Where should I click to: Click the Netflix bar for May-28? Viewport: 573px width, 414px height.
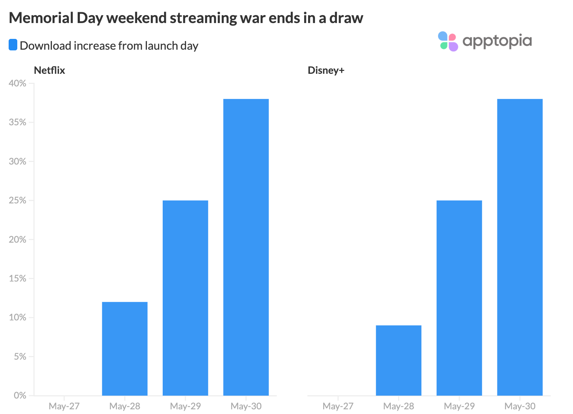(x=125, y=349)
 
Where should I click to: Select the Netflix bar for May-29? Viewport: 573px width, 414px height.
(x=185, y=298)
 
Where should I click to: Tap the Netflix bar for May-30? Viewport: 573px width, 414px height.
(x=246, y=247)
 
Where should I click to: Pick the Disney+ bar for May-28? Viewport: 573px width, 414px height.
(x=398, y=360)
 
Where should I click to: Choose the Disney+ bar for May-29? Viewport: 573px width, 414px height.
(x=459, y=298)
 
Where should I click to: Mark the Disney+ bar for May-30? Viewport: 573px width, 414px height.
(x=520, y=247)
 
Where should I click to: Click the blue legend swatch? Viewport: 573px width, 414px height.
(x=13, y=45)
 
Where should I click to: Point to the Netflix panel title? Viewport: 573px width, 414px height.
(x=49, y=70)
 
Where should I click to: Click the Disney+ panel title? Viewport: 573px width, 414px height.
(x=326, y=70)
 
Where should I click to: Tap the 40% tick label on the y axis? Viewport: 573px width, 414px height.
(x=17, y=83)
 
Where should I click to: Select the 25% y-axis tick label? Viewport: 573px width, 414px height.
(x=17, y=201)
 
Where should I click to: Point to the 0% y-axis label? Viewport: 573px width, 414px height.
(x=20, y=395)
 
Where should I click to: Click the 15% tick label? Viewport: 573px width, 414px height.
(x=17, y=278)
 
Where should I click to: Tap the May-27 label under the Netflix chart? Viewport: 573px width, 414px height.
(x=64, y=406)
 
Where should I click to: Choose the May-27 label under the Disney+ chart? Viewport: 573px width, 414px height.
(x=338, y=406)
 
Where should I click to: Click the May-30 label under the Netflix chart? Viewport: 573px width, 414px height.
(x=246, y=406)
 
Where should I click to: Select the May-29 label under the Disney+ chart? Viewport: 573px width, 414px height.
(x=459, y=406)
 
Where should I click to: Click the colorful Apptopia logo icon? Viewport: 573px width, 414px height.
(x=448, y=41)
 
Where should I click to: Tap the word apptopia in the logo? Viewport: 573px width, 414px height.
(x=497, y=41)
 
